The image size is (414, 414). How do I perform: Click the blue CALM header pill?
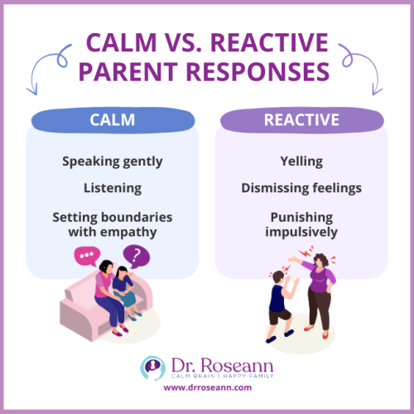coord(112,121)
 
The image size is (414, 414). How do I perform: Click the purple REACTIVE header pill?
coord(301,121)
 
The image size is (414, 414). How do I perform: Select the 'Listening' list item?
coord(112,189)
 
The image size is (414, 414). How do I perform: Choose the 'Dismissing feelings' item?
coord(301,189)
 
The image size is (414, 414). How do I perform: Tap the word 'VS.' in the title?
coord(222,41)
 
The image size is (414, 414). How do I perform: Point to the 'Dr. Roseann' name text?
coord(219,363)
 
